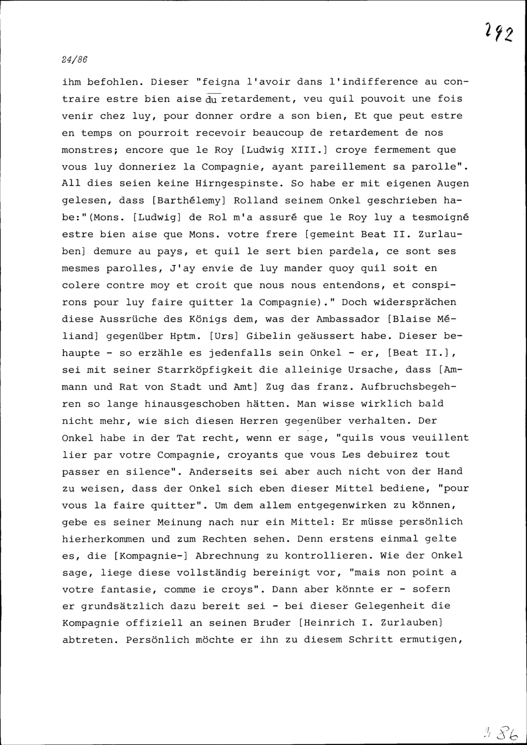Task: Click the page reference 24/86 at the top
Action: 74,60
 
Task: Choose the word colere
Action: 81,285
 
